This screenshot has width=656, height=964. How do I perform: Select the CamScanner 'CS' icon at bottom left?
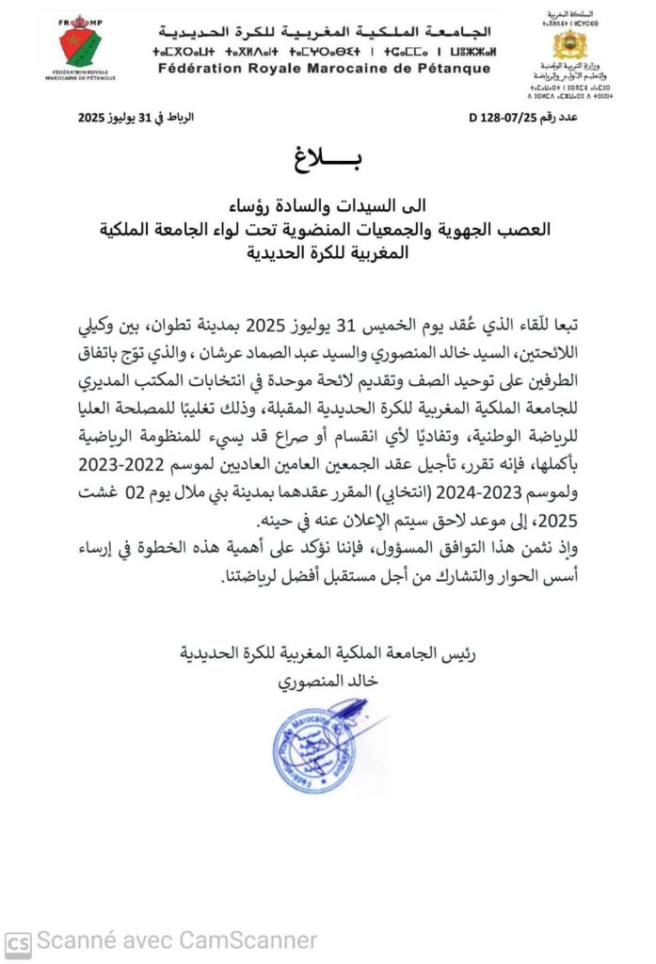click(18, 940)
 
